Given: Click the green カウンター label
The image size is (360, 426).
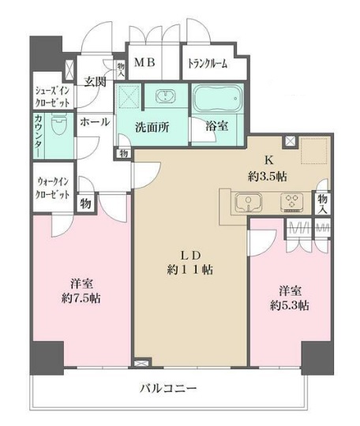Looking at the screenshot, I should click(38, 132).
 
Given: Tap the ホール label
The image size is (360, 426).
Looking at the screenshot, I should click(95, 122).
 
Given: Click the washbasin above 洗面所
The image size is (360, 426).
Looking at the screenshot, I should click(166, 98).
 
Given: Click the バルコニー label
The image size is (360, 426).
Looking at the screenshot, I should click(168, 389).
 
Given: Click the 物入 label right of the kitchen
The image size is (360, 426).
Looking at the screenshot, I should click(323, 204).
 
